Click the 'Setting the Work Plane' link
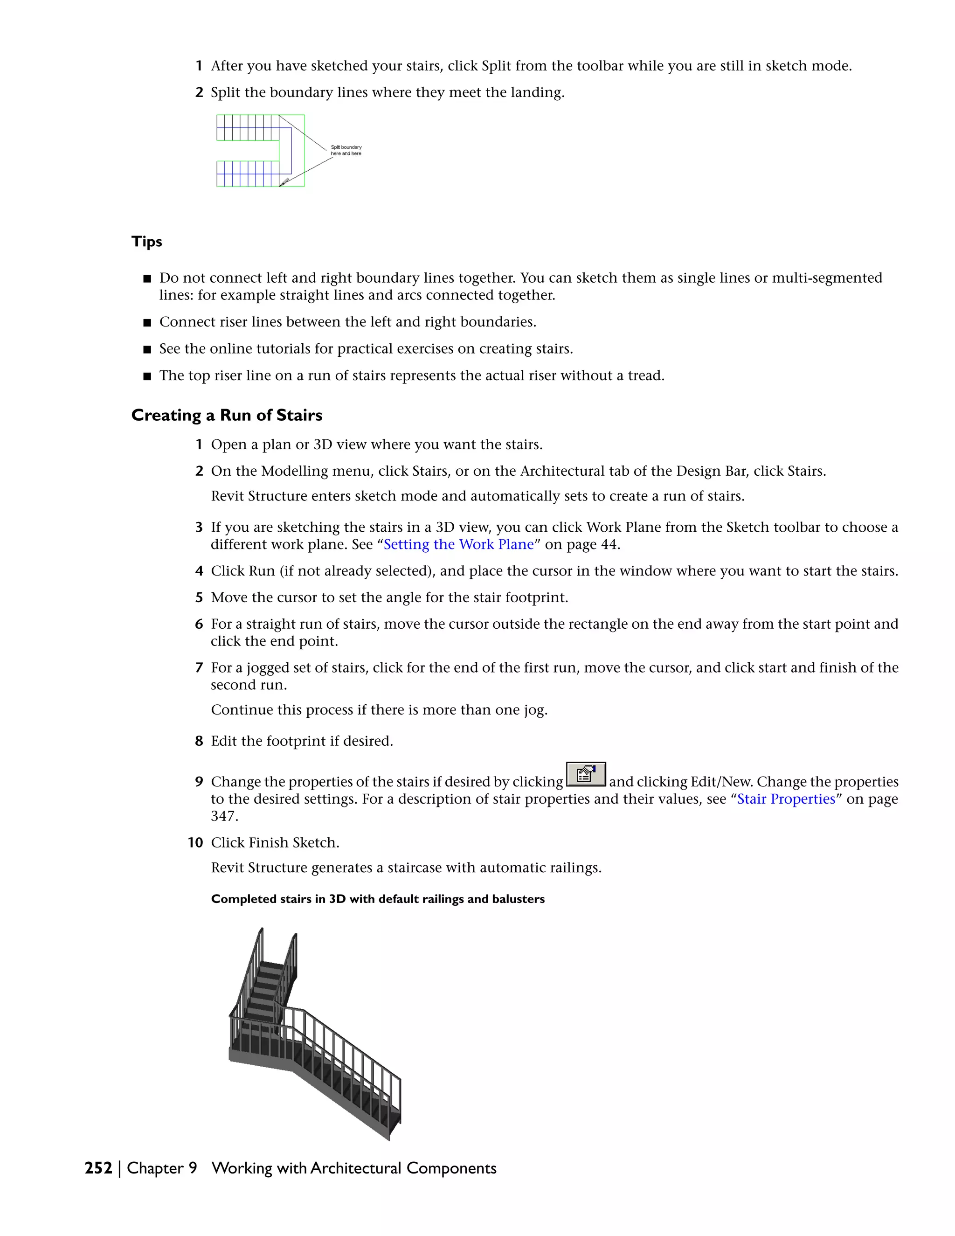pos(459,544)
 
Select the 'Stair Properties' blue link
pos(786,799)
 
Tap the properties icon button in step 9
pos(586,774)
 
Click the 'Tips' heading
pos(146,242)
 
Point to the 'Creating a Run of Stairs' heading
pos(226,416)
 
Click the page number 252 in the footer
pos(98,1168)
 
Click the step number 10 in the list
pos(195,843)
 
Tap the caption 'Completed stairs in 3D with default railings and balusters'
pos(377,899)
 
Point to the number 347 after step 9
pos(224,816)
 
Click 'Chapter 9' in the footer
pos(162,1168)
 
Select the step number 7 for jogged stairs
pos(199,668)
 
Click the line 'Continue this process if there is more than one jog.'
pos(379,710)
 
